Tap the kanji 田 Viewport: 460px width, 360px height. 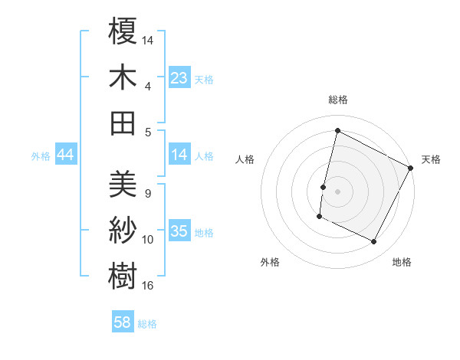point(123,122)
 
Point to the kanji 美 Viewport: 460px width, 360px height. point(123,184)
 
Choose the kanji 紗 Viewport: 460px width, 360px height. point(123,230)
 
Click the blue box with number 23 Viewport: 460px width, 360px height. point(179,77)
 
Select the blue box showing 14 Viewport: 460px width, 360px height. point(179,155)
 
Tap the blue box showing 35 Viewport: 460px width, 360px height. point(179,231)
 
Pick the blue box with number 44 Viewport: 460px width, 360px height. point(65,155)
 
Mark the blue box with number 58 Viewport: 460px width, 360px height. point(123,322)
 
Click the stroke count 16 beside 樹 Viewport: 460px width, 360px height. point(148,286)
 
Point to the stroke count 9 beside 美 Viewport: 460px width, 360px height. point(147,193)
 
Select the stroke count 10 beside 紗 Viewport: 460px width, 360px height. point(148,240)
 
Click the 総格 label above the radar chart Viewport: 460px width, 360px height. point(337,100)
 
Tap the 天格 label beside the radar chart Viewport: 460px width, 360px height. point(431,159)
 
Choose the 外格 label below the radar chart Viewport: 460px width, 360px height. point(270,262)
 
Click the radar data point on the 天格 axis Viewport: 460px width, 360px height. point(412,168)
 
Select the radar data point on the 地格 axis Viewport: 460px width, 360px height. point(374,242)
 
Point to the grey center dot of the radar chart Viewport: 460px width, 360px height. point(337,191)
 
